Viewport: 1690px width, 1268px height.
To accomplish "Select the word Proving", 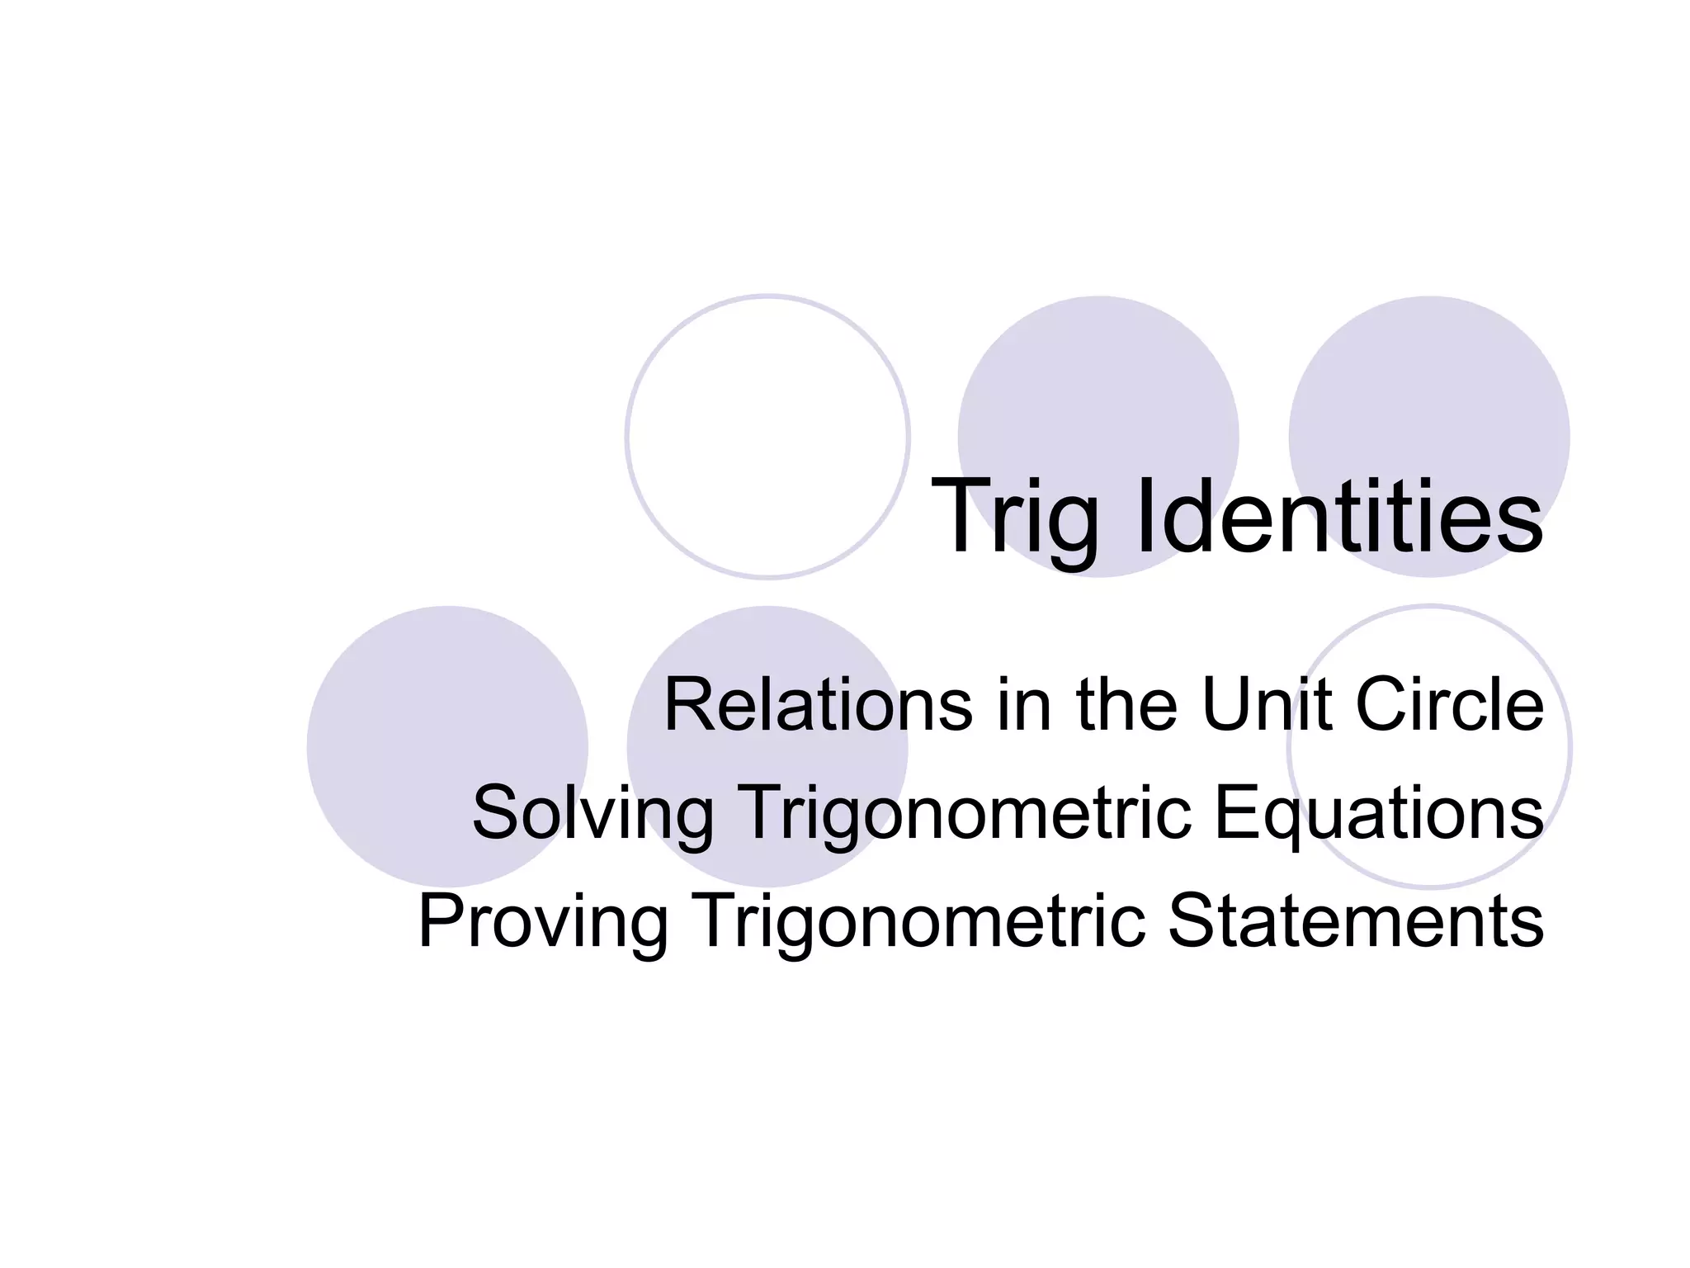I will (543, 923).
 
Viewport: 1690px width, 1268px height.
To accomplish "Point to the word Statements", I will (1354, 921).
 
